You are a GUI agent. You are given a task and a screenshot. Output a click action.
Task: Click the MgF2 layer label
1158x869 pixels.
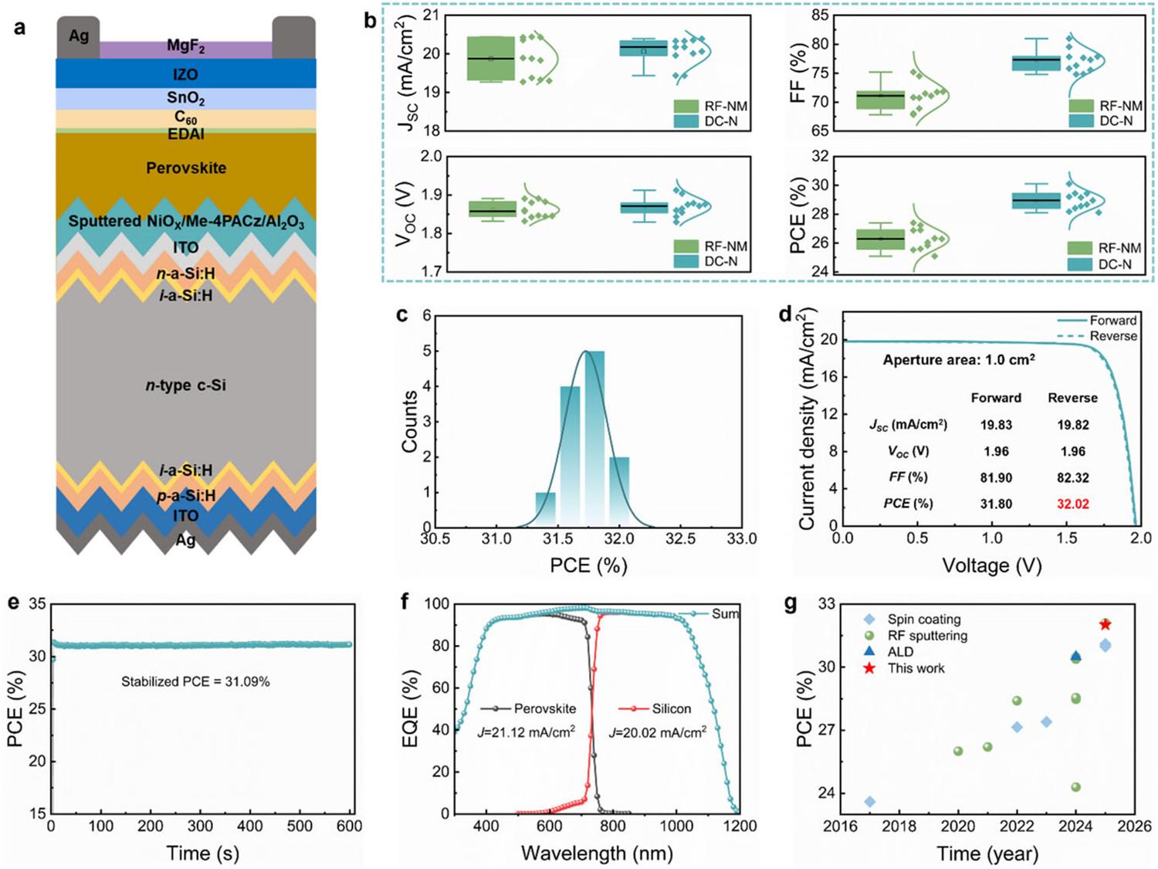186,47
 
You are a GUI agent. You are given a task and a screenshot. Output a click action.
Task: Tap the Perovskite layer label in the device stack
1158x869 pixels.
186,168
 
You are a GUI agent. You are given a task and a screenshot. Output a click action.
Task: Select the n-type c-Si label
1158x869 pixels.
186,385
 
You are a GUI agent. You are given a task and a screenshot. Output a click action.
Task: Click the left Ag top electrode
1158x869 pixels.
79,37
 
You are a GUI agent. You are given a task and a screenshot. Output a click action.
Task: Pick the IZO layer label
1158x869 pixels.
186,74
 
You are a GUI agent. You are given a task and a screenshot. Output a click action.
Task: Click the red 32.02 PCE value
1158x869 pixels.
1072,504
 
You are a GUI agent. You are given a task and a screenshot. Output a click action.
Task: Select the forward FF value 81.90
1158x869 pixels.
996,477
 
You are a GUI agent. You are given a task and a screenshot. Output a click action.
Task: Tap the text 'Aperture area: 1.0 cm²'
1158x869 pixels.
959,360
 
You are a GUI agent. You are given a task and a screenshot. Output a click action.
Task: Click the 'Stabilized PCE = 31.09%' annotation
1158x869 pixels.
195,681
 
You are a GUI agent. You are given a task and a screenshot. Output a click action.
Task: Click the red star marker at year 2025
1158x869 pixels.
1105,624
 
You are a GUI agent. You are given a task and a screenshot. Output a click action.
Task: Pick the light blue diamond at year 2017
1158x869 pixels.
870,802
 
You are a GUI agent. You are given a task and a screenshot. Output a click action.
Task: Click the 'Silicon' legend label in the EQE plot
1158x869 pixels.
671,708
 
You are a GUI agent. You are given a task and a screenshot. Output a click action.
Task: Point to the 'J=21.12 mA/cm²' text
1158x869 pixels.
526,732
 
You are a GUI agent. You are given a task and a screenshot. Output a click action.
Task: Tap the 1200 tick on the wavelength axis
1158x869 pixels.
740,827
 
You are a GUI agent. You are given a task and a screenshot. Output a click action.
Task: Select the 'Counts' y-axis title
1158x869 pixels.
410,422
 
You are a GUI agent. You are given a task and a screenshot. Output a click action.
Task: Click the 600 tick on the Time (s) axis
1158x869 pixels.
349,827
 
